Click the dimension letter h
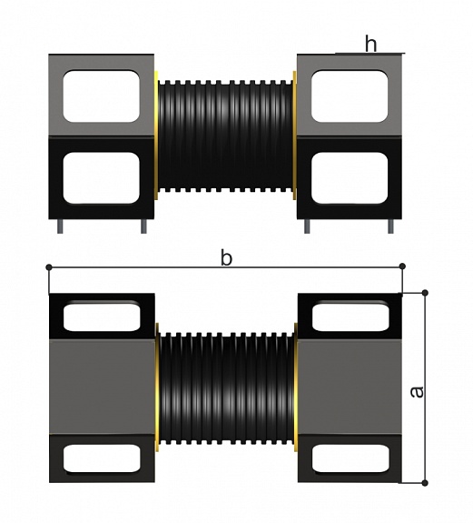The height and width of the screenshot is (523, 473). pyautogui.click(x=370, y=44)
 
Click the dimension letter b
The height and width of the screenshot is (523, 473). pyautogui.click(x=226, y=258)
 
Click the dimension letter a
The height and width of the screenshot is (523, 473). pyautogui.click(x=417, y=392)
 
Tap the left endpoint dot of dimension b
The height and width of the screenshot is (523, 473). pyautogui.click(x=49, y=267)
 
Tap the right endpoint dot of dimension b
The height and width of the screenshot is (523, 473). pyautogui.click(x=402, y=267)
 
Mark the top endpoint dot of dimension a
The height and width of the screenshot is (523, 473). pyautogui.click(x=425, y=293)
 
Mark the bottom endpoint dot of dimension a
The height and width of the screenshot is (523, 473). pyautogui.click(x=425, y=483)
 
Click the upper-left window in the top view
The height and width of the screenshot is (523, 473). pyautogui.click(x=101, y=96)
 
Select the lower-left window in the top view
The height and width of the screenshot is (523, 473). pyautogui.click(x=101, y=177)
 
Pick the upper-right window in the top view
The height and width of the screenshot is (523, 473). pyautogui.click(x=350, y=96)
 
